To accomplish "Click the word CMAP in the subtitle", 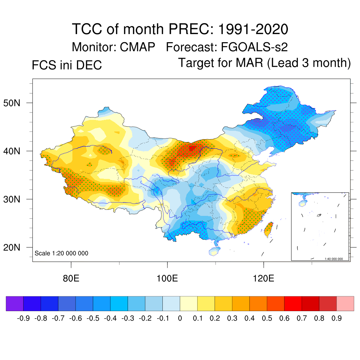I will tap(136, 47).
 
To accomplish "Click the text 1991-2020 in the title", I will tap(253, 29).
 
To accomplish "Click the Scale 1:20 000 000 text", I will tap(62, 253).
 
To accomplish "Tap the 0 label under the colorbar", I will tap(180, 319).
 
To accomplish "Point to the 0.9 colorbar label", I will tap(337, 319).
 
